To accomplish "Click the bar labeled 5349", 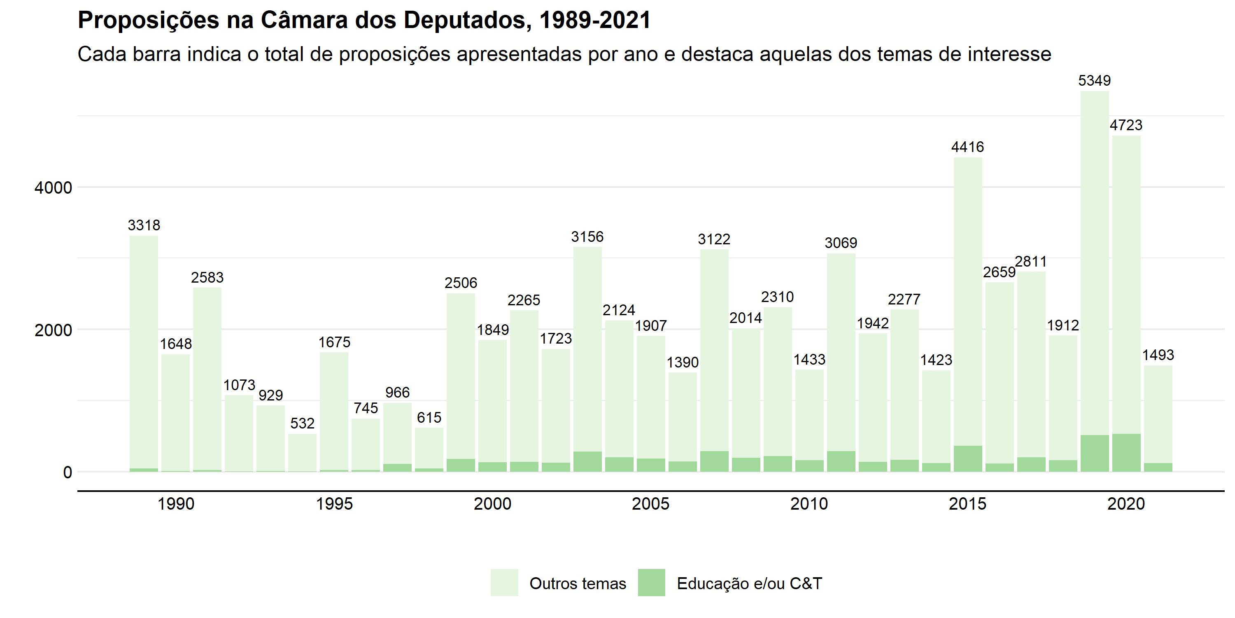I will pos(1095,264).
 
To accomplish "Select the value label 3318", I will pos(144,225).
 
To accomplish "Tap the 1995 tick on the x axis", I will pos(334,504).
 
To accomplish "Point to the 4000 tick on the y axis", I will pos(53,187).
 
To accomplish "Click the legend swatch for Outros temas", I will pos(504,583).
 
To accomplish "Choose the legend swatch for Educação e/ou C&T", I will pos(651,583).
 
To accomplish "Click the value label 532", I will pos(302,423).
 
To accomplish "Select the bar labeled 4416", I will pos(967,302).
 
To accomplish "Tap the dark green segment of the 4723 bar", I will pos(1126,452).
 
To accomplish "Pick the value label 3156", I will pos(587,236).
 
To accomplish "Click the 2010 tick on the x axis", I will pos(809,504).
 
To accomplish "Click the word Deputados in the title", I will pos(464,21).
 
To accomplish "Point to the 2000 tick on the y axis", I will pos(53,330).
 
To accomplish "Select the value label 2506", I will pos(461,283).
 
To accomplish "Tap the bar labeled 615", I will pos(429,449).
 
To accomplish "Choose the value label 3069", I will pos(841,243).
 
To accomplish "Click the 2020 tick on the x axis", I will pos(1125,504).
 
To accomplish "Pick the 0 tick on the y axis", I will pos(67,473).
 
